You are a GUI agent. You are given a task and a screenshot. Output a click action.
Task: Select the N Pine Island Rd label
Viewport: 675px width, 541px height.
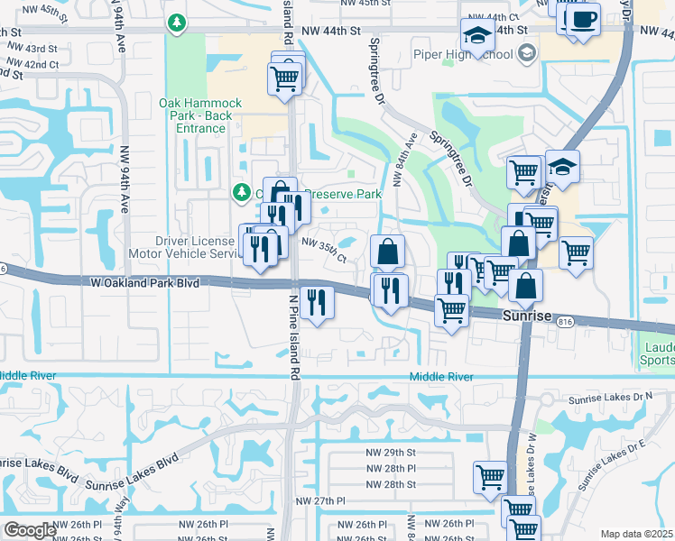click(293, 335)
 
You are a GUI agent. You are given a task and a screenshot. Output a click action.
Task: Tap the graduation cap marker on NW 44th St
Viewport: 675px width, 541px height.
click(476, 37)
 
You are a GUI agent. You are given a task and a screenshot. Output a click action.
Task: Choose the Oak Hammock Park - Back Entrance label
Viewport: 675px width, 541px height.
click(196, 115)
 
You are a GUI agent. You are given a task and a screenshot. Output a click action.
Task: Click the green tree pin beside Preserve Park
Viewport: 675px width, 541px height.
click(241, 191)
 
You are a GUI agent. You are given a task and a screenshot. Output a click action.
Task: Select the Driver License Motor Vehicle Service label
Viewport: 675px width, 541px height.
click(195, 247)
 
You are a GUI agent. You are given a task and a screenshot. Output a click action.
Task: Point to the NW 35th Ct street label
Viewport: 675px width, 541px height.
click(324, 248)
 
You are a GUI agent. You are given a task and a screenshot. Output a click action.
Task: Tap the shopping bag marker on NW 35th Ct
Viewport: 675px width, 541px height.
click(387, 252)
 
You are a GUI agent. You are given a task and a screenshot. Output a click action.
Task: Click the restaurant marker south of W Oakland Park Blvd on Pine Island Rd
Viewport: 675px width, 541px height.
click(315, 302)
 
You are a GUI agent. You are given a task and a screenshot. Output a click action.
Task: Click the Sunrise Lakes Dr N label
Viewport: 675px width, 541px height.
click(609, 398)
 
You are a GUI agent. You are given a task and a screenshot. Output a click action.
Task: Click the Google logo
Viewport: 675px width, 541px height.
click(30, 530)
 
